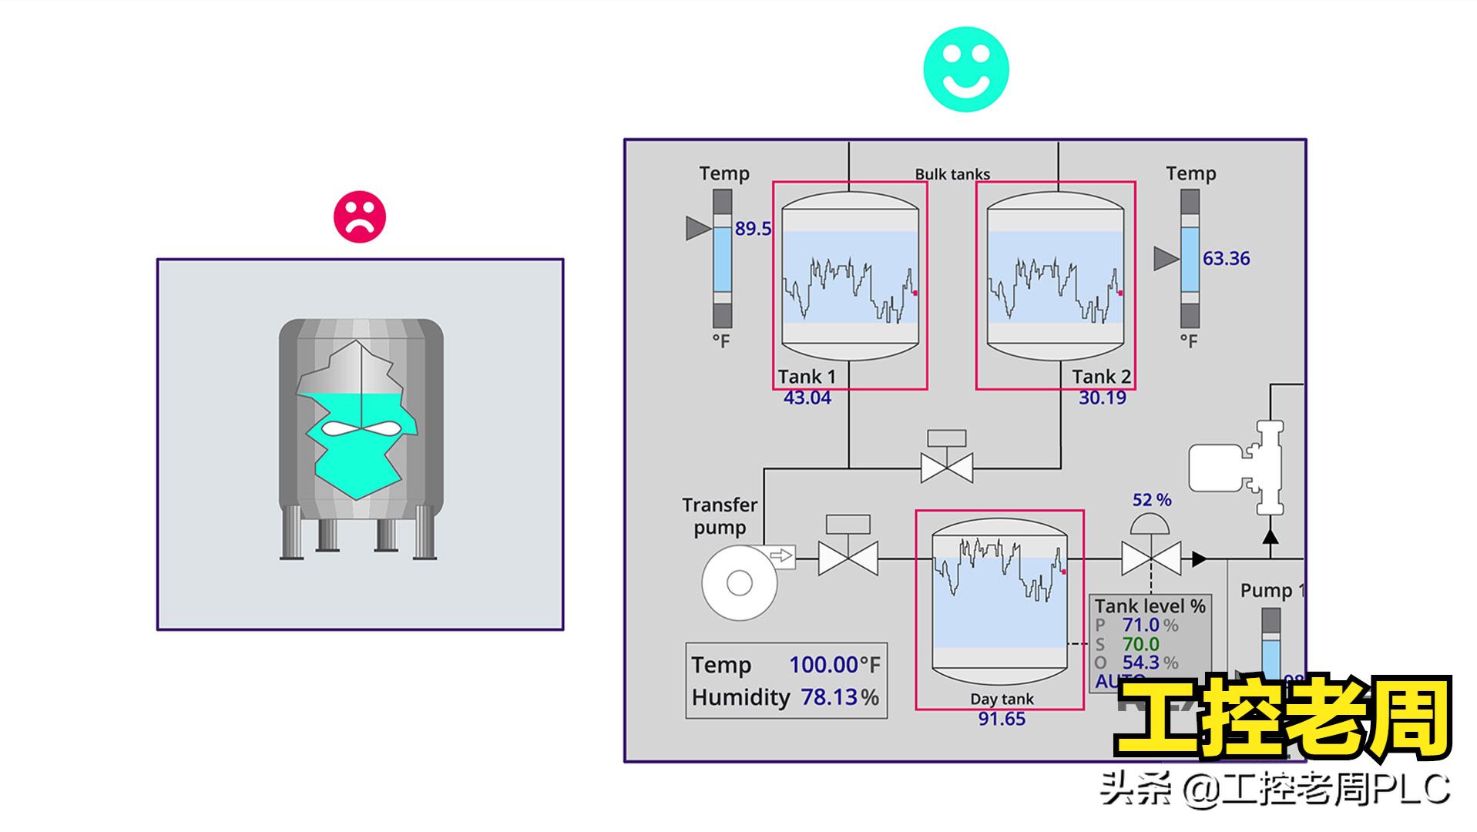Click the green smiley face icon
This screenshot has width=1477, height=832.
965,69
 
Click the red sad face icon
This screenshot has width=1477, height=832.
359,216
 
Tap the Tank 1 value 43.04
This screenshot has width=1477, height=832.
807,398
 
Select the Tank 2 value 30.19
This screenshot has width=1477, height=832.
1102,398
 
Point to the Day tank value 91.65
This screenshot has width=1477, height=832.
1001,719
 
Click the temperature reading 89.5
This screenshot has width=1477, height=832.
752,229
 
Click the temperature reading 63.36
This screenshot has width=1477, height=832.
1226,259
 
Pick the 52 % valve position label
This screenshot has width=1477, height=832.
1151,500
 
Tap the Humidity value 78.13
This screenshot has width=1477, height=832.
829,697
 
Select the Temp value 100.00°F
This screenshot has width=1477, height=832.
834,664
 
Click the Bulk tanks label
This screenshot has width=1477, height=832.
952,174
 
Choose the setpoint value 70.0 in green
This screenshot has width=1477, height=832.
1140,644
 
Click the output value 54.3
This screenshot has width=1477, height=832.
1140,663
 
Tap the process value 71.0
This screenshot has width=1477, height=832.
1140,625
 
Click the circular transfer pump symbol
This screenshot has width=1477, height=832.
739,583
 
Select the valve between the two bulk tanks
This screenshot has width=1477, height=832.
946,466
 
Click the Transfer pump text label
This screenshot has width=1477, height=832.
720,515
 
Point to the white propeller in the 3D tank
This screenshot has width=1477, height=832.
361,428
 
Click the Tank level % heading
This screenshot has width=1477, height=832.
1150,606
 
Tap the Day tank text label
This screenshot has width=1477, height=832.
1001,699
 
